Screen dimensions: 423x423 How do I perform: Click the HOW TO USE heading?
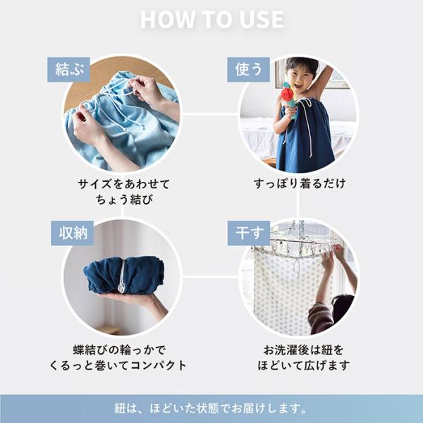click(x=212, y=20)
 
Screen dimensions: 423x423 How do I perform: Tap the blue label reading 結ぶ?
click(x=68, y=69)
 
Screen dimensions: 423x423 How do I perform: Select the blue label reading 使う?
click(x=248, y=69)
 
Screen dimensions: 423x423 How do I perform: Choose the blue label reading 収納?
click(x=73, y=233)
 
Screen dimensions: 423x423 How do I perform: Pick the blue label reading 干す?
click(x=249, y=233)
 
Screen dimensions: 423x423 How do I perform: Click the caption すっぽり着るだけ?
click(x=300, y=183)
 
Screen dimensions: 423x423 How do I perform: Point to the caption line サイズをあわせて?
click(x=124, y=184)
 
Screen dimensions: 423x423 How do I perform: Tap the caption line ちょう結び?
click(x=124, y=200)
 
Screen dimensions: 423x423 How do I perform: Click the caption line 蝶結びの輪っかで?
click(x=119, y=350)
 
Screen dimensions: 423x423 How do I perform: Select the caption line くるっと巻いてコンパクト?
click(x=118, y=365)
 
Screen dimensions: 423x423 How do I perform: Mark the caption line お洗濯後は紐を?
click(x=303, y=350)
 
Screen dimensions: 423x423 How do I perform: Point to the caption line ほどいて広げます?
click(x=303, y=365)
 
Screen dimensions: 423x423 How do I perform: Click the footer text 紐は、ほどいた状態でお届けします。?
click(x=211, y=408)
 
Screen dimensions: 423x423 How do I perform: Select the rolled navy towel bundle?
click(x=124, y=275)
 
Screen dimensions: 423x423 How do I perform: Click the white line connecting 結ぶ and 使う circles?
click(x=210, y=114)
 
